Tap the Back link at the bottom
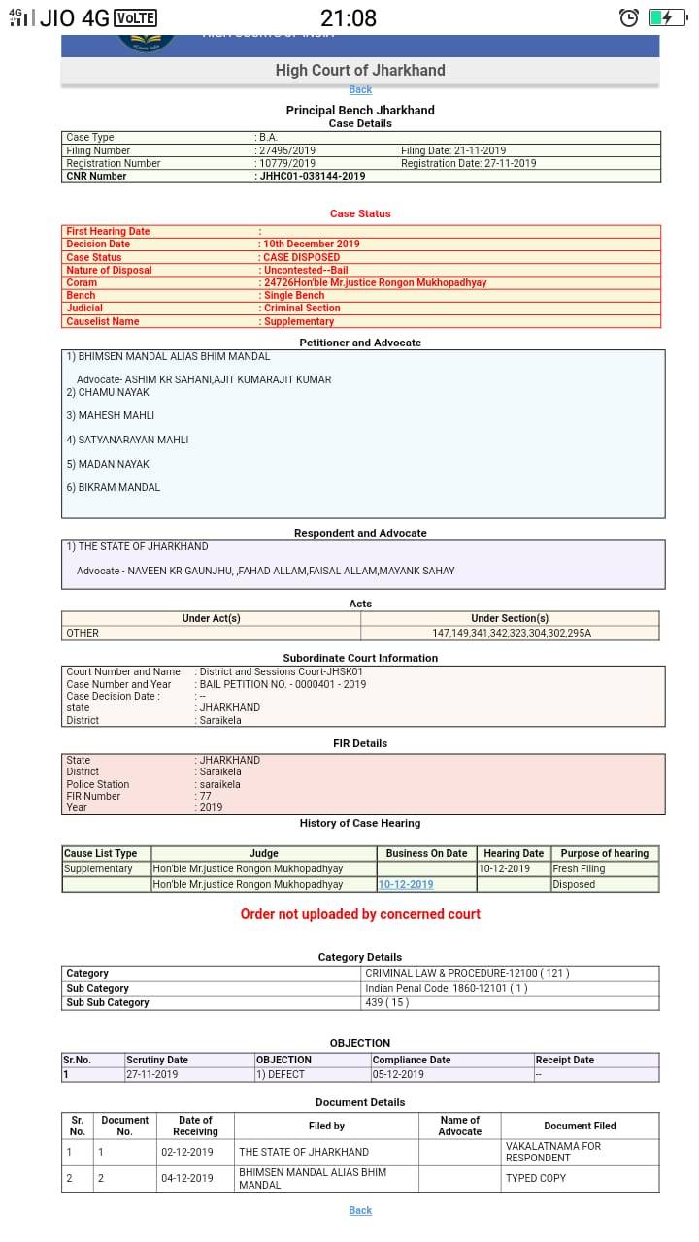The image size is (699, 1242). click(x=360, y=1210)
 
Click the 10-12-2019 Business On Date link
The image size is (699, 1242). click(x=406, y=884)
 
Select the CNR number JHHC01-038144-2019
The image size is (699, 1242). click(x=313, y=176)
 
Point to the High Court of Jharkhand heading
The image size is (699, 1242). click(x=360, y=70)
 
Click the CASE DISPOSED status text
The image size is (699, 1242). click(x=301, y=257)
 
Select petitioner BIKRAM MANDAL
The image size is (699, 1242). click(x=118, y=487)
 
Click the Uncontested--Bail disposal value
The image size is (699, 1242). click(x=306, y=270)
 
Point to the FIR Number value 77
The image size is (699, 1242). click(x=205, y=796)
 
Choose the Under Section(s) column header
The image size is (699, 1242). click(x=510, y=618)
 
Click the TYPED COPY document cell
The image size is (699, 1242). click(x=535, y=1178)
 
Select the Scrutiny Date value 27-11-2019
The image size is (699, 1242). click(x=152, y=1074)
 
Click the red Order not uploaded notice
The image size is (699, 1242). click(x=360, y=914)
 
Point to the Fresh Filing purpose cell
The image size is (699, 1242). click(x=580, y=869)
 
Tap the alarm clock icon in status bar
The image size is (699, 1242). click(x=629, y=17)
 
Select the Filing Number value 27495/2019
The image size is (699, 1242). click(x=286, y=150)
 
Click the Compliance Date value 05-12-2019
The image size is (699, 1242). click(x=399, y=1074)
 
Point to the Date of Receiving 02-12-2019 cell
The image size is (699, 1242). click(x=187, y=1152)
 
